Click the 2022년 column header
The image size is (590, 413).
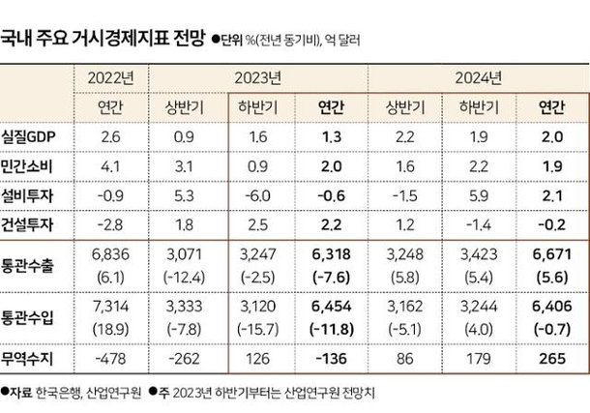coord(110,77)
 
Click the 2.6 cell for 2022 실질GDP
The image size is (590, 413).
coord(110,137)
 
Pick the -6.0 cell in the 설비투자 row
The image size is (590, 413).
coord(258,196)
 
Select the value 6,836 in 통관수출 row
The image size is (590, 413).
coord(110,256)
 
